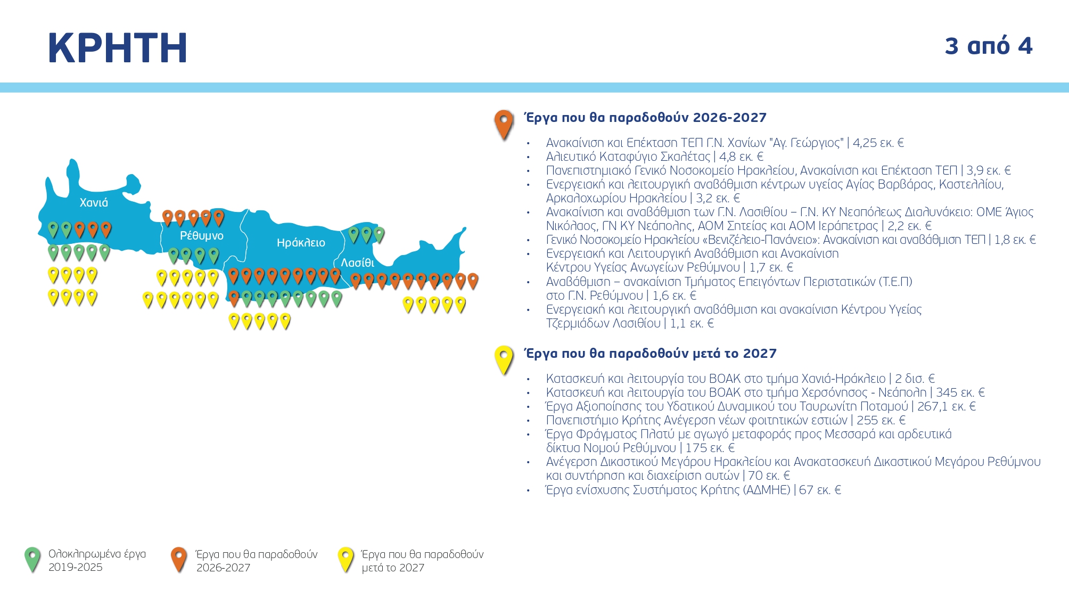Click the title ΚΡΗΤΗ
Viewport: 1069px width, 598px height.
(x=118, y=48)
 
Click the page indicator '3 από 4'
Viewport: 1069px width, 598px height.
(x=988, y=46)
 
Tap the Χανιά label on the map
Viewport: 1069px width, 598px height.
(x=94, y=203)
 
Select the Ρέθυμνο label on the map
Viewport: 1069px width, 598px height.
(x=201, y=235)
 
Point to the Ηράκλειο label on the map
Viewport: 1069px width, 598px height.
(x=301, y=243)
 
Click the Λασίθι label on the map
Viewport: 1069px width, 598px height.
(x=357, y=263)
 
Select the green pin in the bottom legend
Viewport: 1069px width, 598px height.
(x=32, y=559)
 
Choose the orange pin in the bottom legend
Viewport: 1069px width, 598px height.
(x=179, y=559)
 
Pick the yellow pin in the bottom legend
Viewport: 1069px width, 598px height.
(x=346, y=559)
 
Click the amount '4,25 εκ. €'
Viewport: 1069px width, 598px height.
(x=878, y=143)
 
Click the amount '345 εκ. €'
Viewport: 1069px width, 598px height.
(x=960, y=392)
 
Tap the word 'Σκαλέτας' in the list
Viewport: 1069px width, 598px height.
(x=685, y=157)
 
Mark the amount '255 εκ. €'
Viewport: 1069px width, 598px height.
(x=881, y=420)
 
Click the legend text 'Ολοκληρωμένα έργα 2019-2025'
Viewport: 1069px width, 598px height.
(x=97, y=560)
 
